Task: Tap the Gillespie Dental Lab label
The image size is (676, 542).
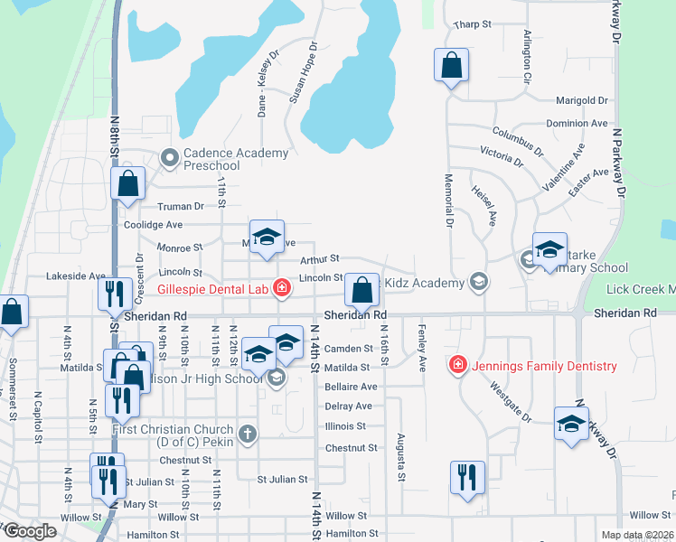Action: click(213, 289)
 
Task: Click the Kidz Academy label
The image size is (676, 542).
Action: click(424, 283)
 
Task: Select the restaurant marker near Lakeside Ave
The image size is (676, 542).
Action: click(114, 294)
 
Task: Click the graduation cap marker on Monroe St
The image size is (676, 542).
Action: click(267, 237)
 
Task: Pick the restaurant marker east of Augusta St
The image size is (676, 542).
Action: click(467, 477)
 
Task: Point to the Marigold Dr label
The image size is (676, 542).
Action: click(582, 100)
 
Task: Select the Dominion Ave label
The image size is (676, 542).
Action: click(577, 123)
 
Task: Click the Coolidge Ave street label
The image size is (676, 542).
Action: click(154, 225)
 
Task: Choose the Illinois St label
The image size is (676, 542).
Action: click(344, 426)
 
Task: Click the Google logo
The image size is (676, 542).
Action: click(29, 531)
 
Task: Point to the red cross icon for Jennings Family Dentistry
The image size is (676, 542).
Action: click(458, 365)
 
